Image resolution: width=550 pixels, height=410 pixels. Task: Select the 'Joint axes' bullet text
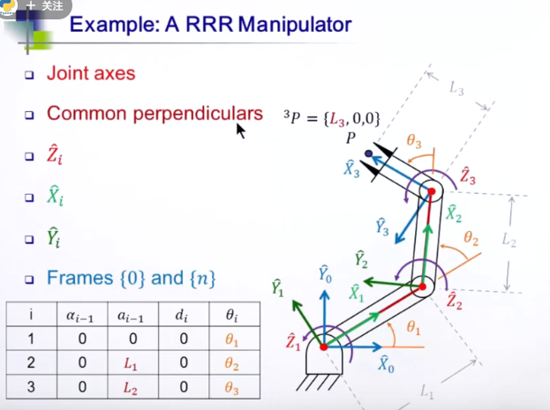click(91, 73)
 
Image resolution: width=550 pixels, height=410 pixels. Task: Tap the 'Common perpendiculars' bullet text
click(154, 114)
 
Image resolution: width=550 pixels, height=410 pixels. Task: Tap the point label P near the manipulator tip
click(351, 138)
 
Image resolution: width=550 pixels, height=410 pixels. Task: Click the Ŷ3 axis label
click(382, 227)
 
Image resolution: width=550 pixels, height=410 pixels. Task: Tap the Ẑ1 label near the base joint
click(293, 343)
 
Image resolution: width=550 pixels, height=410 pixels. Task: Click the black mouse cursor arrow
click(239, 130)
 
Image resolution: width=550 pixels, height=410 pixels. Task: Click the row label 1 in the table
click(31, 339)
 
